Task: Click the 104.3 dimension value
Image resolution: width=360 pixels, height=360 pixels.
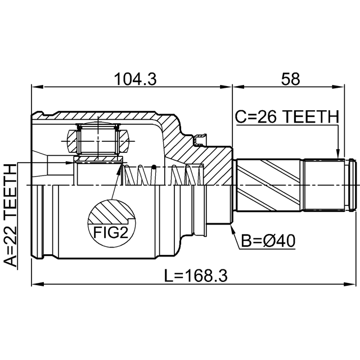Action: click(135, 79)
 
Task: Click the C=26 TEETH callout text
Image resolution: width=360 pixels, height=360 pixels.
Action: click(286, 117)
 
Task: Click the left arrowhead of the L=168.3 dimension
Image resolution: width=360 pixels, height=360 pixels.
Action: click(35, 285)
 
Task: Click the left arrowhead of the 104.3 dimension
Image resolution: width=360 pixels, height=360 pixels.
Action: click(35, 87)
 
